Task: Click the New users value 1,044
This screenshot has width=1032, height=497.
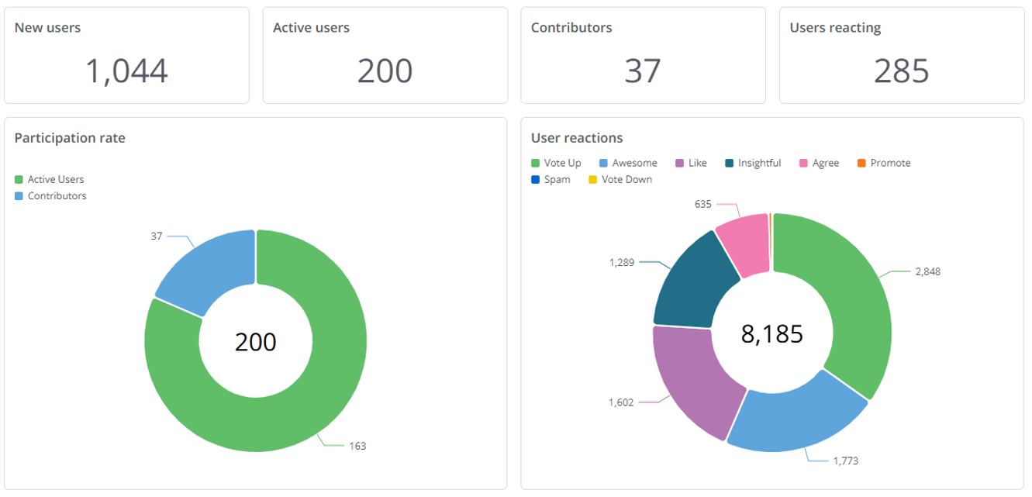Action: click(x=126, y=71)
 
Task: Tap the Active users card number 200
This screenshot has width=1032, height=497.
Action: click(x=385, y=71)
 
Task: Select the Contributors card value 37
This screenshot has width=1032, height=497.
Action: click(x=642, y=71)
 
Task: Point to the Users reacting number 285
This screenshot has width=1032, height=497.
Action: click(x=901, y=71)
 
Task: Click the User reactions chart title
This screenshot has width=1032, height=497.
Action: click(x=577, y=138)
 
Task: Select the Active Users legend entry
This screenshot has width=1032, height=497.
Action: click(x=55, y=179)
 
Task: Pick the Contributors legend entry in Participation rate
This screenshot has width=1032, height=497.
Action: click(x=57, y=196)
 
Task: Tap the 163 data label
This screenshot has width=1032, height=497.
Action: click(x=357, y=446)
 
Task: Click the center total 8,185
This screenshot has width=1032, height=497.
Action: click(x=772, y=333)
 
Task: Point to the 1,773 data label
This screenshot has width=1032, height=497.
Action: click(x=845, y=461)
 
